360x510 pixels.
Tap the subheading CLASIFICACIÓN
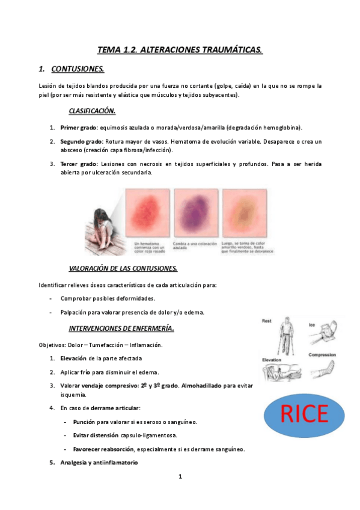[x=92, y=111]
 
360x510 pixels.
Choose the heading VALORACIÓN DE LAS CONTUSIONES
[x=123, y=268]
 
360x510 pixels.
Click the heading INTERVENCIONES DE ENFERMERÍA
[x=121, y=328]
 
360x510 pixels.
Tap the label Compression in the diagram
[x=322, y=355]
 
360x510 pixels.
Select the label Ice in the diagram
[x=313, y=325]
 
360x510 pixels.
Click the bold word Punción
[x=85, y=422]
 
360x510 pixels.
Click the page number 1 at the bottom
[x=180, y=477]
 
